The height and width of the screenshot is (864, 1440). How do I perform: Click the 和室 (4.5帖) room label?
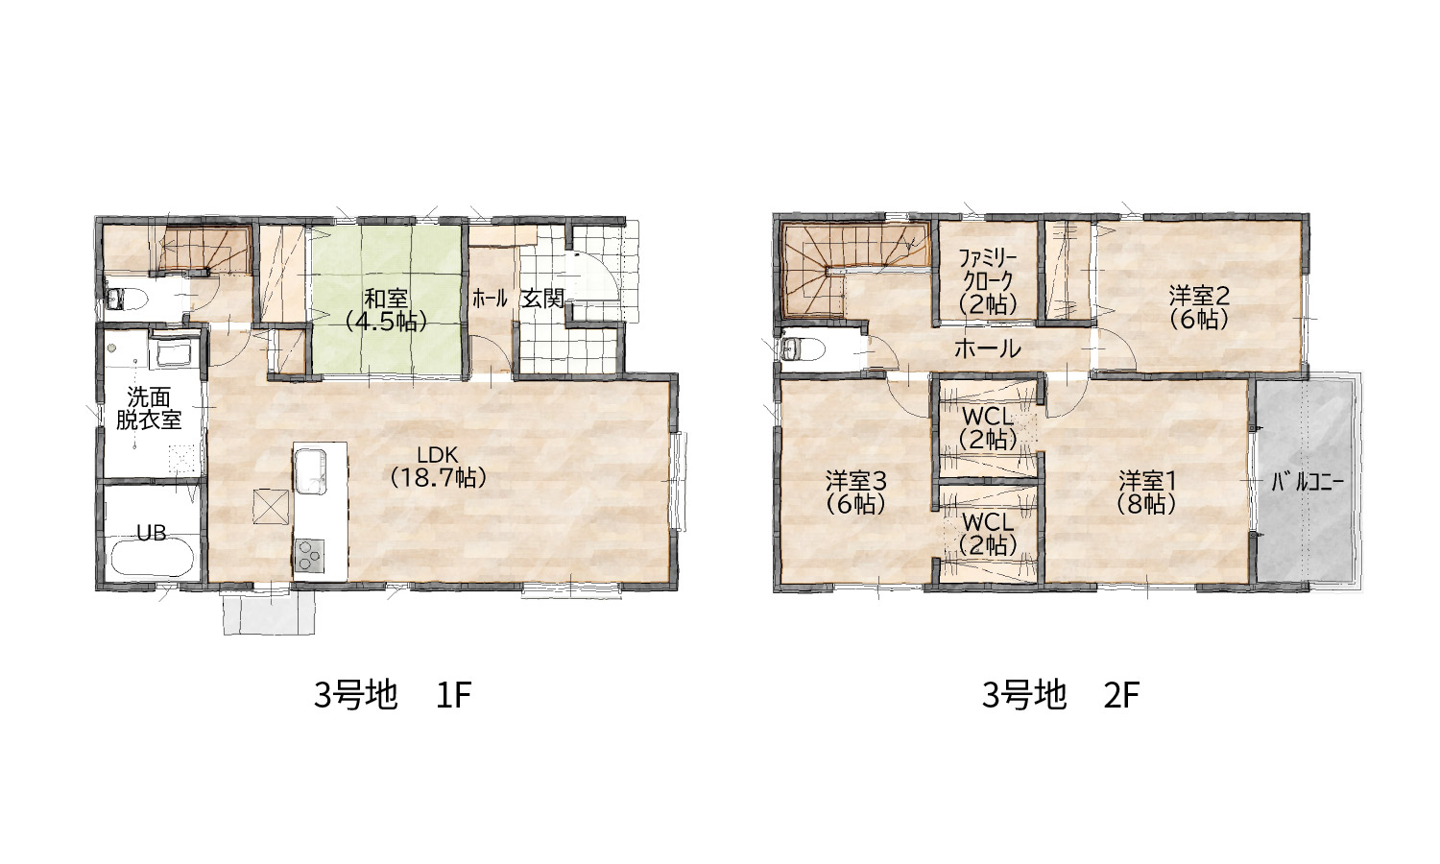[x=386, y=310]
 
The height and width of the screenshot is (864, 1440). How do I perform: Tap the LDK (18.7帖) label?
[x=438, y=466]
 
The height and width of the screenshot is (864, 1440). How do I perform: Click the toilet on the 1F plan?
[x=127, y=299]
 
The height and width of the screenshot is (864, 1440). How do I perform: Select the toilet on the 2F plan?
[x=804, y=351]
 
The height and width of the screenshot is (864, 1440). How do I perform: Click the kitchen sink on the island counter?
[x=310, y=471]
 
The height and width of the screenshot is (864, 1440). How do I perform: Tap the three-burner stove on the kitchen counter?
[x=310, y=556]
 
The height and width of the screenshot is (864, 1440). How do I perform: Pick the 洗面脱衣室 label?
[x=149, y=408]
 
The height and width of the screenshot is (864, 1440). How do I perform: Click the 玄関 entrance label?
[x=542, y=299]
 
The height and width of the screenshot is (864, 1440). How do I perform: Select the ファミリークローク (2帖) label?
[x=988, y=281]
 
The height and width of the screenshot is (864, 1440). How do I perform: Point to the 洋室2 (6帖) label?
[x=1199, y=307]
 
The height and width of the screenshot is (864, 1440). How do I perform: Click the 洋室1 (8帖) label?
[x=1147, y=492]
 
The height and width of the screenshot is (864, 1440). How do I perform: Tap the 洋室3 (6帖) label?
[x=855, y=492]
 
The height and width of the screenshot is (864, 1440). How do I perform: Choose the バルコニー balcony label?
[x=1308, y=483]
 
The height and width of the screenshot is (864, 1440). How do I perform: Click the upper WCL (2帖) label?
[x=988, y=428]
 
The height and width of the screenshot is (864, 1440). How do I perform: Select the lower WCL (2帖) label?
[x=988, y=533]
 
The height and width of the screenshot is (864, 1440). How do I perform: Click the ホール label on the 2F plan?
[x=988, y=348]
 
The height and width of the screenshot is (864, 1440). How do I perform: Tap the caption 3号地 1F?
[x=393, y=696]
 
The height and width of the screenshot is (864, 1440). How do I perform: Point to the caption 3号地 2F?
[x=1061, y=696]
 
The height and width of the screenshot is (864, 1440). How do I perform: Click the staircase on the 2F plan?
[x=855, y=270]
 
